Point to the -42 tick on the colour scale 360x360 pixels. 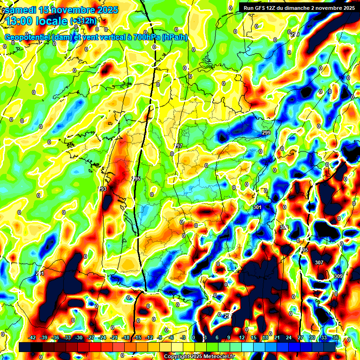[32, 338]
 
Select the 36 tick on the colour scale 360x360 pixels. [335, 338]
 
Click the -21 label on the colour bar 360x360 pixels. [114, 338]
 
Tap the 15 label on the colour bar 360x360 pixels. [254, 338]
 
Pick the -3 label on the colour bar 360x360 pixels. [184, 338]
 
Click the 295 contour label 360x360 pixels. [136, 179]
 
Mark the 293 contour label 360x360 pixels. [103, 189]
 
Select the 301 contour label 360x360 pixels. [257, 207]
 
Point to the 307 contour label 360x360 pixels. [319, 262]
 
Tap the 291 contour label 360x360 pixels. [40, 273]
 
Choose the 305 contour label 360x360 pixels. [304, 250]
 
